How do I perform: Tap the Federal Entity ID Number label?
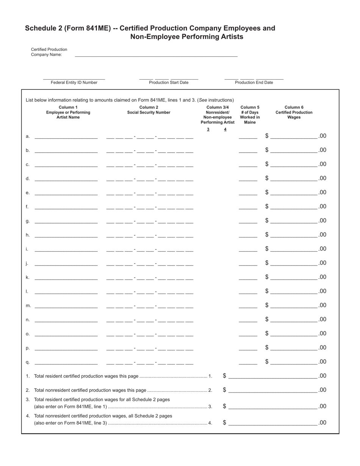pyautogui.click(x=74, y=83)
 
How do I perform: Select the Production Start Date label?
pyautogui.click(x=169, y=83)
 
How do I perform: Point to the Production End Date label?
pyautogui.click(x=254, y=83)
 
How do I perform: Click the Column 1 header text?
pyautogui.click(x=68, y=112)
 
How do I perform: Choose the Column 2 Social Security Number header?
pyautogui.click(x=149, y=110)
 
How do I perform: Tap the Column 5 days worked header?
pyautogui.click(x=250, y=115)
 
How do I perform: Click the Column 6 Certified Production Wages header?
pyautogui.click(x=294, y=112)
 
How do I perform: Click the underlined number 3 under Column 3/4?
pyautogui.click(x=208, y=130)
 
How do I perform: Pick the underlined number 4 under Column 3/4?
pyautogui.click(x=225, y=130)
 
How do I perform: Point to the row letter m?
pyautogui.click(x=28, y=306)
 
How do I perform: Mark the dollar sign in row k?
pyautogui.click(x=267, y=277)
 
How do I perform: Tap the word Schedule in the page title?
pyautogui.click(x=41, y=28)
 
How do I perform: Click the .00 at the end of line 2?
pyautogui.click(x=322, y=390)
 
